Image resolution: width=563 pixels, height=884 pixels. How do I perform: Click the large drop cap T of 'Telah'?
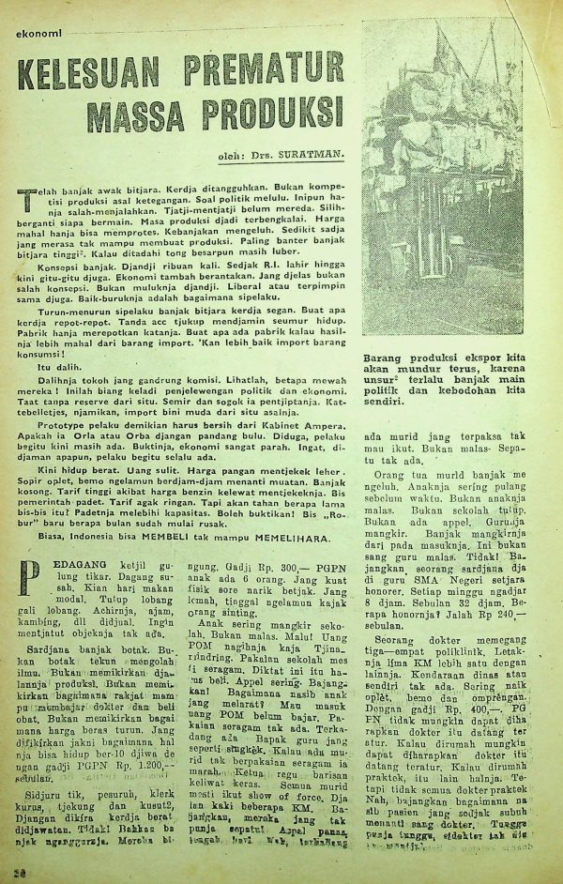click(25, 199)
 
